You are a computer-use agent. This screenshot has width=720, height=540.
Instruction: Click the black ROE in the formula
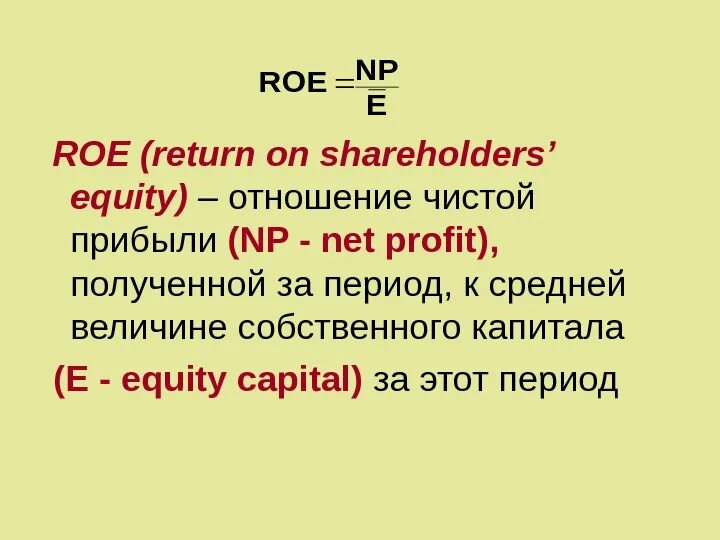(x=292, y=83)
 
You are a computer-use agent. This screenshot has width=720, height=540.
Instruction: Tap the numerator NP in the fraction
(x=377, y=69)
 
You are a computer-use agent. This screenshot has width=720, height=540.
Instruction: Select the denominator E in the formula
(x=377, y=104)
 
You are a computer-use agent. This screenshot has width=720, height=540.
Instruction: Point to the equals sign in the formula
(x=344, y=86)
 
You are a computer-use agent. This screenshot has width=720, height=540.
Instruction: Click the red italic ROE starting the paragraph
(x=91, y=155)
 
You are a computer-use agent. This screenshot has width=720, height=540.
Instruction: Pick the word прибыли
(x=144, y=241)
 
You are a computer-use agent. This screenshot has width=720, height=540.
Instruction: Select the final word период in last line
(x=569, y=380)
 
